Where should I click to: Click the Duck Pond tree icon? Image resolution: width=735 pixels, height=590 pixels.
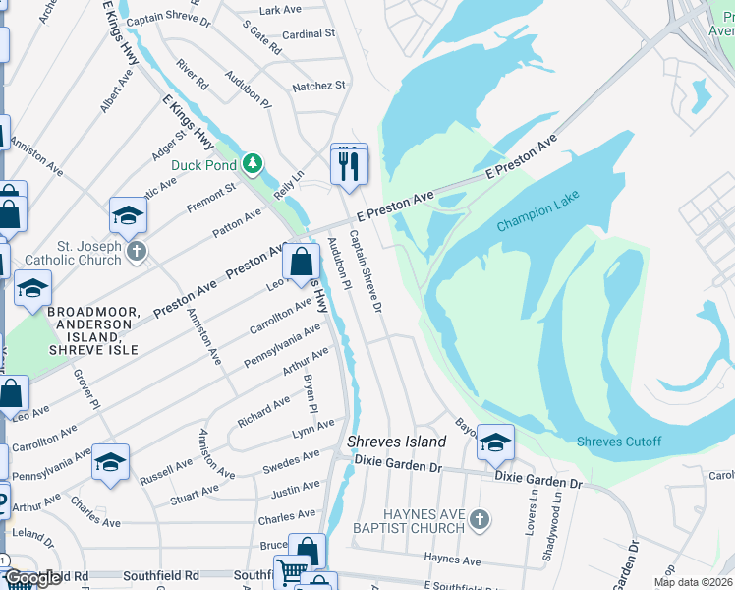pos(253,162)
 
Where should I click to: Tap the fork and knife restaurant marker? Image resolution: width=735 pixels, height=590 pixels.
pos(348,164)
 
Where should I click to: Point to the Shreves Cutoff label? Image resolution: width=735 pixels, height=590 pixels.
pos(619,441)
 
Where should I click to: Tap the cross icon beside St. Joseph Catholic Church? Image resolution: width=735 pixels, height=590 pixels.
pos(137,253)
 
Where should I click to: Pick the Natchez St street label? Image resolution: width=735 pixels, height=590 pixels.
pos(318,87)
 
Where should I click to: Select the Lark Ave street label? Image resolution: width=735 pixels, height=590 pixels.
pos(280,10)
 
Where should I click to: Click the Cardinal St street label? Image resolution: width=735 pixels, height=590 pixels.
pos(309,34)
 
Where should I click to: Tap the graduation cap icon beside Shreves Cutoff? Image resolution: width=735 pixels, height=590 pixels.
pos(496,442)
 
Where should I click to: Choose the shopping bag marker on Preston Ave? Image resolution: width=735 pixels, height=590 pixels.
pos(301,263)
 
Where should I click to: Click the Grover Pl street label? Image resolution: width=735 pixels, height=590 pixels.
pos(90,389)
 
